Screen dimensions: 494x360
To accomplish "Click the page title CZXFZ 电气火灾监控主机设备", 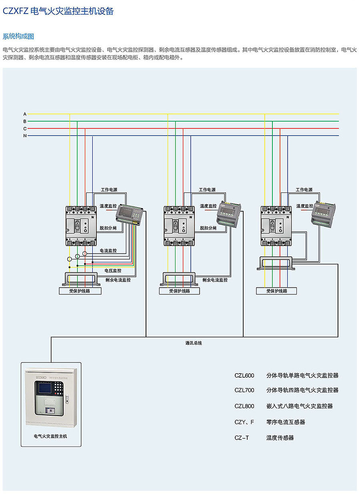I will (58, 11).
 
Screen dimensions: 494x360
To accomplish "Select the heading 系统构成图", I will (18, 36).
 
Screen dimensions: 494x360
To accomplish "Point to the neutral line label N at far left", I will (25, 136).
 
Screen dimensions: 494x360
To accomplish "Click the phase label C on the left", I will (25, 129).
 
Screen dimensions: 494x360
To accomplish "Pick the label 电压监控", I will (113, 271).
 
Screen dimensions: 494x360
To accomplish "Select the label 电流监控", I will (108, 251).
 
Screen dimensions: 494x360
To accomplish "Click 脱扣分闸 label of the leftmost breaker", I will (108, 228).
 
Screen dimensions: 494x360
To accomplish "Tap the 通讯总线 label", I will (194, 343).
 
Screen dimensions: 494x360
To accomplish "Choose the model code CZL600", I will (244, 376).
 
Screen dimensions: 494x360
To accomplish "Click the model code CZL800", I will (244, 406).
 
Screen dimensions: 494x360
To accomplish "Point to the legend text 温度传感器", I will (280, 438).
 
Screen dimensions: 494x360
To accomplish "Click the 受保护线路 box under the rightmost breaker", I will (277, 291).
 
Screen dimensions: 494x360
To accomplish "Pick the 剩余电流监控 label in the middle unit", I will (215, 280).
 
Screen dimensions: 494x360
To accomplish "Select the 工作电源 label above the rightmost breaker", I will (304, 190).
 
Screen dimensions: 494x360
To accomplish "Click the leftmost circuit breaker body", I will (82, 226).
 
